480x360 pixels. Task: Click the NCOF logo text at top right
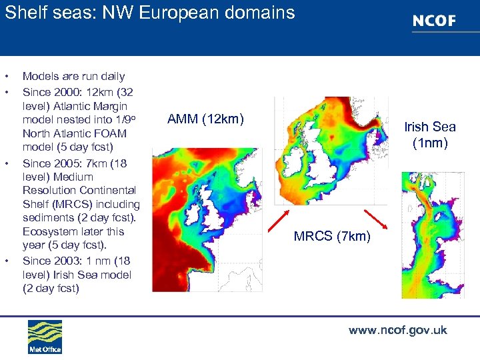434,21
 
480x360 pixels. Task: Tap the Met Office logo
44,337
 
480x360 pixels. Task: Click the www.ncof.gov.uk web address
397,330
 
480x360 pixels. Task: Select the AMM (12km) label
206,119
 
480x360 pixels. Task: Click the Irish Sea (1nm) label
430,135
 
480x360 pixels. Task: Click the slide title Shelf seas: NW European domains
150,13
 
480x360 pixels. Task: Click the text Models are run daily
73,77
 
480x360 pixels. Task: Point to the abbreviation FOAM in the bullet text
111,133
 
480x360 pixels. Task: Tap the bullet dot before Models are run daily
6,77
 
